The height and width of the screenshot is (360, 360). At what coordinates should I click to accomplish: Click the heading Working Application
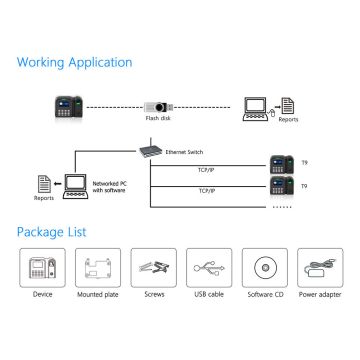coord(74,62)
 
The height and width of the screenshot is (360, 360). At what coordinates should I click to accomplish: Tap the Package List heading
coord(51,231)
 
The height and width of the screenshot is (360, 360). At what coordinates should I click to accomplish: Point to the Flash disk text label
coord(158,118)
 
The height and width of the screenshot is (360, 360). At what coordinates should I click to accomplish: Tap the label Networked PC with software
coord(110,187)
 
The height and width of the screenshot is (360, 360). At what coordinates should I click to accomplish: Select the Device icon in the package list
coord(43,268)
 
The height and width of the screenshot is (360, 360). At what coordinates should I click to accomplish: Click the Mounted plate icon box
coord(98,268)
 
